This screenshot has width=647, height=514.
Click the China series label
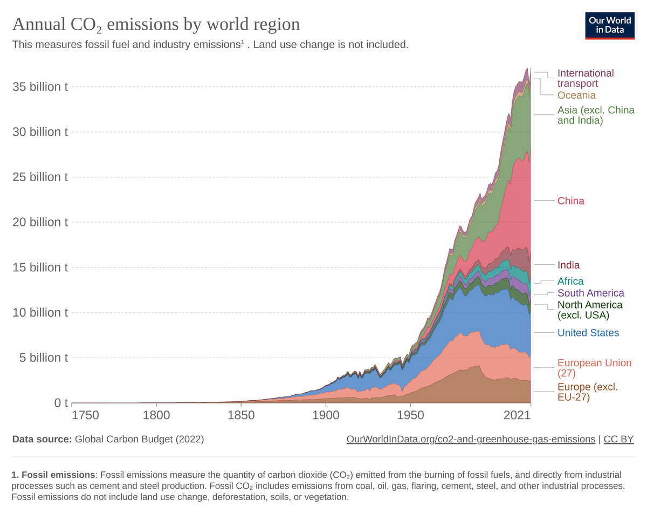(570, 201)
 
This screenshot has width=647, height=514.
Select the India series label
(568, 265)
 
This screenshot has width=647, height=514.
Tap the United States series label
(588, 333)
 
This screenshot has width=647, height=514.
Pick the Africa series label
(570, 281)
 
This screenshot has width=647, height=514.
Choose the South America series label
(590, 293)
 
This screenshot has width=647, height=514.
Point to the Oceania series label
(576, 95)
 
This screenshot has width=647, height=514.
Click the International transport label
(585, 78)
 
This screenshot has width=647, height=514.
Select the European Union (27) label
(594, 368)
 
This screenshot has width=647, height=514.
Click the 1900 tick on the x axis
(326, 415)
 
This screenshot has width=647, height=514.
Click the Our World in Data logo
(610, 24)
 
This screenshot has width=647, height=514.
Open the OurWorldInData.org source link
(471, 439)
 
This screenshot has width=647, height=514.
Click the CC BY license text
(618, 439)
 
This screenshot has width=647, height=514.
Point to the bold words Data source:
(42, 439)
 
